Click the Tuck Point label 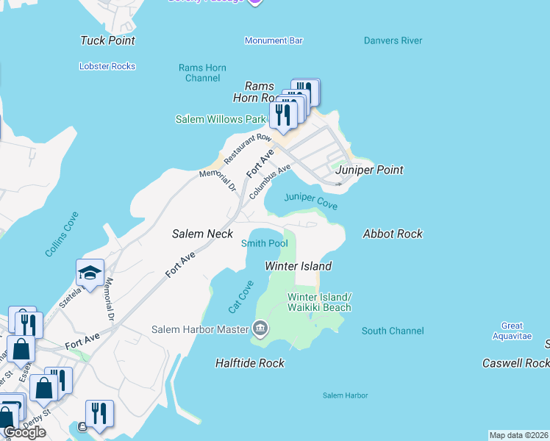(x=107, y=41)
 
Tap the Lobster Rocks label (x=107, y=66)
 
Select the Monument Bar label (x=274, y=41)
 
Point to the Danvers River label (x=393, y=40)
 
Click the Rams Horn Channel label (x=202, y=73)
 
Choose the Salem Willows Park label (x=220, y=119)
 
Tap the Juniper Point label (x=369, y=170)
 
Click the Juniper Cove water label (x=310, y=201)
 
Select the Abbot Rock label (x=393, y=234)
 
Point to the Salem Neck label (x=202, y=234)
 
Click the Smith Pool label (x=264, y=243)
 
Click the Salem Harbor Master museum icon (x=260, y=329)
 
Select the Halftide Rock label (x=249, y=363)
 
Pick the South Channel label (x=393, y=331)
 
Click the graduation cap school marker (x=90, y=273)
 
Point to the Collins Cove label (x=62, y=234)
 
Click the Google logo (x=24, y=432)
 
